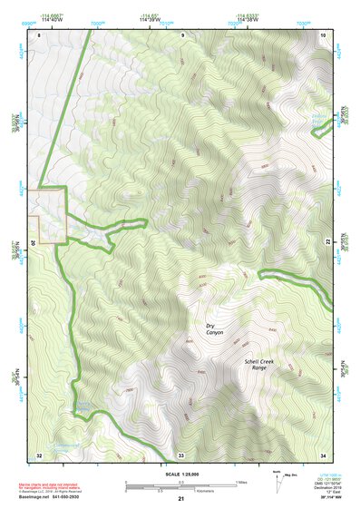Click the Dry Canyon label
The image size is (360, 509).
[x=214, y=329]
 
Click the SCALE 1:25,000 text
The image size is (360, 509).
[x=180, y=475]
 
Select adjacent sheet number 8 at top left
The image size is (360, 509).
[x=40, y=34]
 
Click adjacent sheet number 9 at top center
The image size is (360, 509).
[x=181, y=34]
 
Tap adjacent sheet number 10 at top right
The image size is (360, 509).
[x=323, y=34]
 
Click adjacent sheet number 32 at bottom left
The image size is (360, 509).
[x=39, y=455]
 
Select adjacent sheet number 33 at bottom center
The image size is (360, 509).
[x=181, y=455]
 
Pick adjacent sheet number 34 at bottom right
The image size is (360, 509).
[x=323, y=455]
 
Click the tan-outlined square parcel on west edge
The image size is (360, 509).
[x=47, y=215]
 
